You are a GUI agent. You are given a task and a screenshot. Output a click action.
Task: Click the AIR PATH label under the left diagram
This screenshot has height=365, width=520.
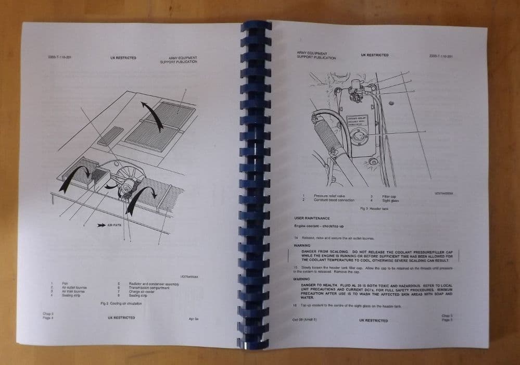(113, 226)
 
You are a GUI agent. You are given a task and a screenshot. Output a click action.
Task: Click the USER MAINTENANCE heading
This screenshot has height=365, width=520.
(312, 217)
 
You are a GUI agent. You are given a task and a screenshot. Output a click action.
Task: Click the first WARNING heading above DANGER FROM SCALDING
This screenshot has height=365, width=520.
(302, 245)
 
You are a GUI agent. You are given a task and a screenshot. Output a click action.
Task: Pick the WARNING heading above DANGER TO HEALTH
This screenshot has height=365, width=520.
(302, 279)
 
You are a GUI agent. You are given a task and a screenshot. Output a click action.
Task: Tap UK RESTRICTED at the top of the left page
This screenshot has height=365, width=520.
(123, 58)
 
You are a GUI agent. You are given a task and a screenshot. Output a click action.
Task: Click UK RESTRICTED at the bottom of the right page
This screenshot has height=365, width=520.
(373, 320)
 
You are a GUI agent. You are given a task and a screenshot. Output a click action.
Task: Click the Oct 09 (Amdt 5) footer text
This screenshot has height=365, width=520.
(305, 320)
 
